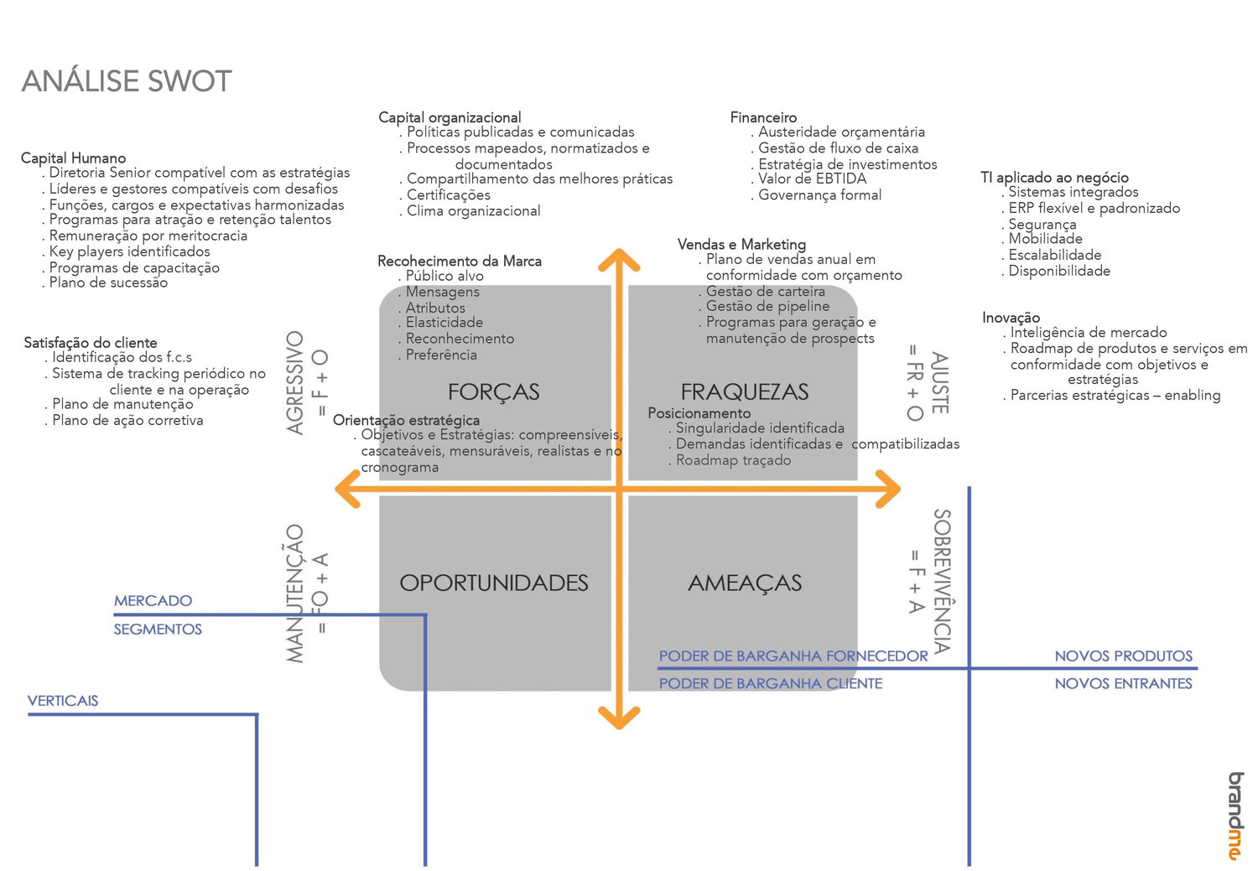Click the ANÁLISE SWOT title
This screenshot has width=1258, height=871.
(127, 81)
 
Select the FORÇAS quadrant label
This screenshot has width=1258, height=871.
(493, 391)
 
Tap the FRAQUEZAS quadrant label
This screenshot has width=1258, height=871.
(744, 391)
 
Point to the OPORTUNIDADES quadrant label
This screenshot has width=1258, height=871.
(493, 583)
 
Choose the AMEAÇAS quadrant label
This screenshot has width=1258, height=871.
(745, 583)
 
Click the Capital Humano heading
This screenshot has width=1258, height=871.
(73, 158)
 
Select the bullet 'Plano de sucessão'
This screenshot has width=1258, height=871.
(108, 283)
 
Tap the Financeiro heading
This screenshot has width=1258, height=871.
(763, 117)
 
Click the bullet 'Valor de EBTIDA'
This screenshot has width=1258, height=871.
(812, 179)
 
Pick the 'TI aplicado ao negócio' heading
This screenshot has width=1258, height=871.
(1054, 177)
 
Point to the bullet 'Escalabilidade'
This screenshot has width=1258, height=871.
(1054, 255)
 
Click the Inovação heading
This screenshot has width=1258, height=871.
(1011, 318)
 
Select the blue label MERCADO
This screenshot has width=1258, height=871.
(153, 600)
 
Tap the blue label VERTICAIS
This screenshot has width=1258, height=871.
(63, 700)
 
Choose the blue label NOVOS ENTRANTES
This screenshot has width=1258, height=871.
(1123, 683)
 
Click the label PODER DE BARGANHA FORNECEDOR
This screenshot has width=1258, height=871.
(793, 656)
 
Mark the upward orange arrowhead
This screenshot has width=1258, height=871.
(619, 258)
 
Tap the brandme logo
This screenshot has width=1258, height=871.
(1235, 816)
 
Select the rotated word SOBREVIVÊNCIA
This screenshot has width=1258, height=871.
(942, 581)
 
